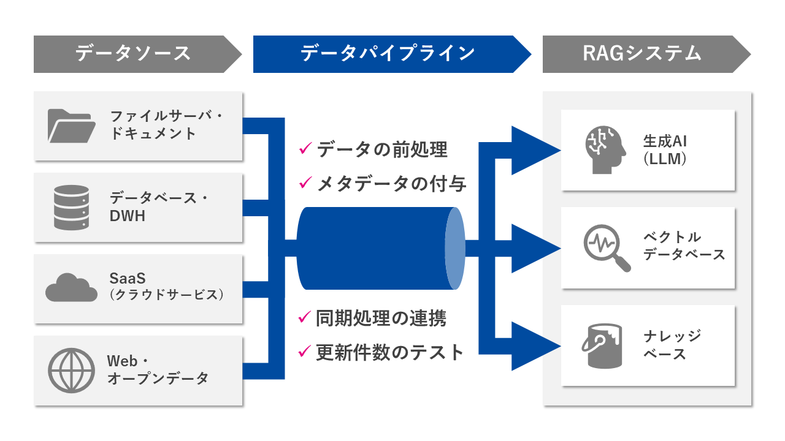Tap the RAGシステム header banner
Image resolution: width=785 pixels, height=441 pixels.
(x=641, y=54)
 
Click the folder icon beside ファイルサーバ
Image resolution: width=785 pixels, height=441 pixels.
(x=71, y=125)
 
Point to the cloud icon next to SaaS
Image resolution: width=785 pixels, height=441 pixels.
(x=71, y=287)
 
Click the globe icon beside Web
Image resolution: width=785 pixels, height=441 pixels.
(x=71, y=369)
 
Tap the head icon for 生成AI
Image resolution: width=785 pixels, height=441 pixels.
(x=603, y=150)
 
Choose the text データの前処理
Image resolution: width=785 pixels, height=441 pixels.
(x=382, y=149)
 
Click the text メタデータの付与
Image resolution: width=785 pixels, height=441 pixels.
(x=391, y=183)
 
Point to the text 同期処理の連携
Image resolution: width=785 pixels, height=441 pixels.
(x=381, y=318)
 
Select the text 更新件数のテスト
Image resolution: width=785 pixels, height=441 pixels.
(x=390, y=352)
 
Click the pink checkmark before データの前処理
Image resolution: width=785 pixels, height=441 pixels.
(x=305, y=148)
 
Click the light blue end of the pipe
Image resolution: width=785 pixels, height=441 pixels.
(x=455, y=248)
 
